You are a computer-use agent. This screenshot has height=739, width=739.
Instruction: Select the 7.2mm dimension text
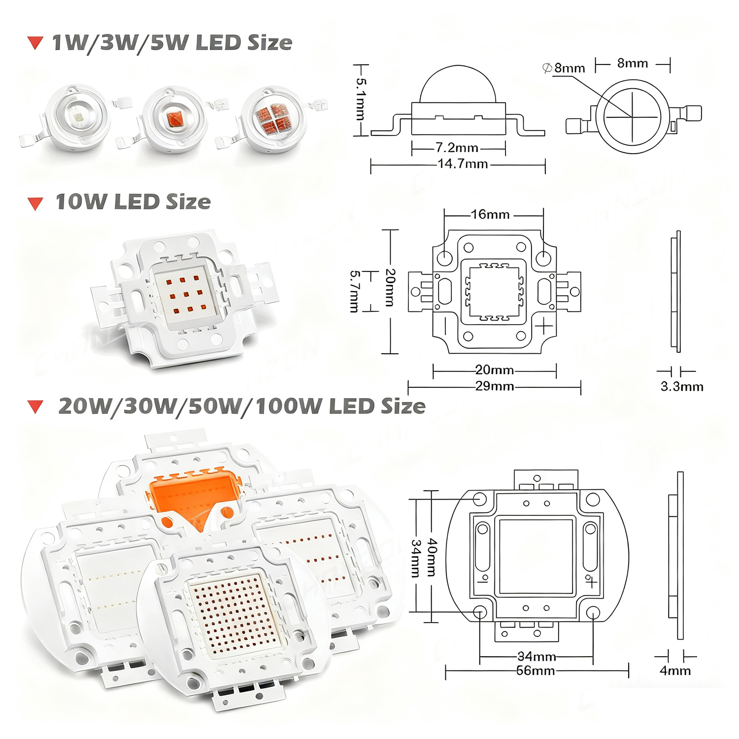point(457,147)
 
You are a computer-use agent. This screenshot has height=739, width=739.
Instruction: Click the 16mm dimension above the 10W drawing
point(490,214)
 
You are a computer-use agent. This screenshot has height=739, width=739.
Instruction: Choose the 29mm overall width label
point(494,386)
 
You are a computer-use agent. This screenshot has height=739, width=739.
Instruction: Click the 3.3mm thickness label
point(682,387)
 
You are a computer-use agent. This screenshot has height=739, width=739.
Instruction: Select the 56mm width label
point(536,671)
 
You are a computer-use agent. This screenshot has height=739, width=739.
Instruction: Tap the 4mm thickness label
point(675,671)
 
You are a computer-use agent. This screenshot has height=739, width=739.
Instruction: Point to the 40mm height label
point(432,557)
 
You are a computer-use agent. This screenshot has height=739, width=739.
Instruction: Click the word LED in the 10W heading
point(137,202)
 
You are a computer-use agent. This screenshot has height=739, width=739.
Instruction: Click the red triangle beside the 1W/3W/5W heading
point(35,43)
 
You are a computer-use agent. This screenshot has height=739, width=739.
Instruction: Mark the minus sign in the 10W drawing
point(445,326)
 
